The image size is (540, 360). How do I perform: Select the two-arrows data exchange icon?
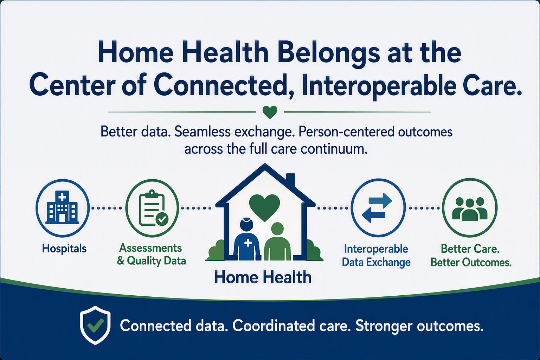(377, 208)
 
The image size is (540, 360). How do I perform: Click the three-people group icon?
(470, 209)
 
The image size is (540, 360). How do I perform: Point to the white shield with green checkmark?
(95, 325)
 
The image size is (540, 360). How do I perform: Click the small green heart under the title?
(270, 112)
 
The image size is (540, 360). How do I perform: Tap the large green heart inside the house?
(264, 208)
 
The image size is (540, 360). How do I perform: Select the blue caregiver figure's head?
(246, 224)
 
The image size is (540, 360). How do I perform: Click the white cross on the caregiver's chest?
(248, 243)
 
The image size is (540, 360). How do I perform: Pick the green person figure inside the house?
(277, 242)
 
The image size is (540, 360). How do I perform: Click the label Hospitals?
(64, 248)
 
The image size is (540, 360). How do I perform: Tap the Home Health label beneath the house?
(263, 277)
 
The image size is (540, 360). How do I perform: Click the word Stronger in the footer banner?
(384, 326)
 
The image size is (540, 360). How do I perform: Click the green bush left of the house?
(216, 251)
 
